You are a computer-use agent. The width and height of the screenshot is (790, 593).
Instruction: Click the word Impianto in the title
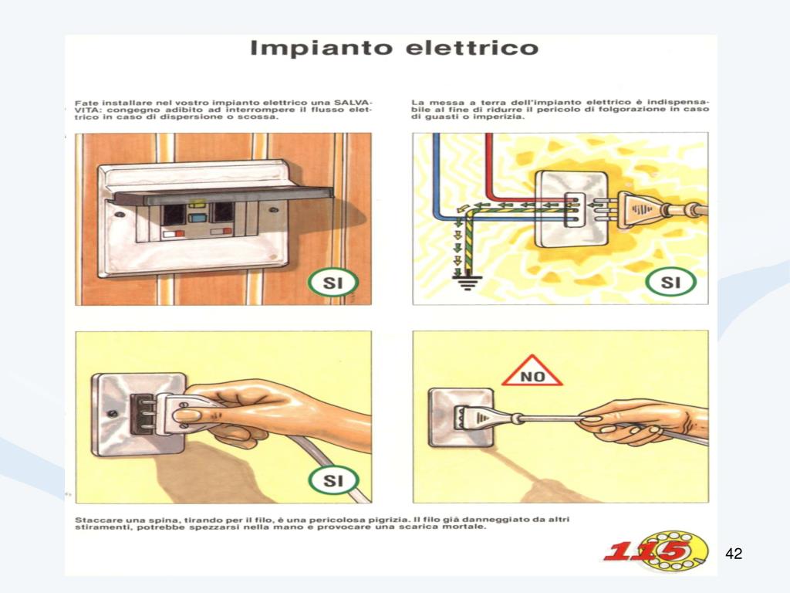tap(322, 49)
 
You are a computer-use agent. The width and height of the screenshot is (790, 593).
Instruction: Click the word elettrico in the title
tap(472, 48)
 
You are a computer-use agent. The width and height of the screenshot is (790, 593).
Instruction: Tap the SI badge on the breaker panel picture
tap(333, 283)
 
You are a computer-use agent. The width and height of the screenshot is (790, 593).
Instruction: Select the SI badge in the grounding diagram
tap(670, 282)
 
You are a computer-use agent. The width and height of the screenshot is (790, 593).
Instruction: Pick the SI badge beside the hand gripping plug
tap(333, 480)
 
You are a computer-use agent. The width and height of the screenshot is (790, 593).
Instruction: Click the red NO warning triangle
tap(532, 371)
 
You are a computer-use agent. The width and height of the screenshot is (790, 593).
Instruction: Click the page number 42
tap(734, 554)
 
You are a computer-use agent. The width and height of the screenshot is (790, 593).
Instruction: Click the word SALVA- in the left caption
tap(355, 103)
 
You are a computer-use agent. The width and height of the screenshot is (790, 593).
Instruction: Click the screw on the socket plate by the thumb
tap(113, 414)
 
